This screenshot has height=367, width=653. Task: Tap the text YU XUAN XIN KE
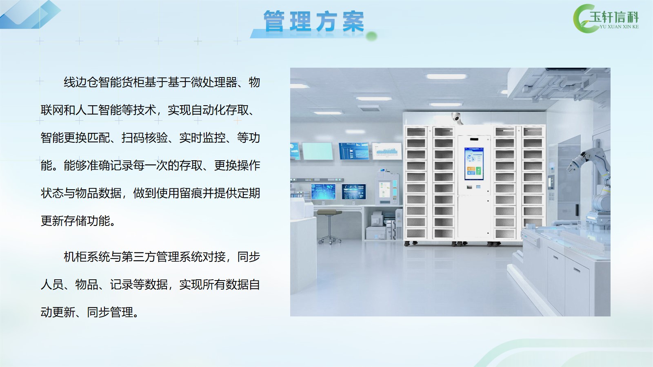[619, 27]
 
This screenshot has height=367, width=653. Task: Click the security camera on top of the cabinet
[457, 118]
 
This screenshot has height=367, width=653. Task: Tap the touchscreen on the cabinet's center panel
[474, 164]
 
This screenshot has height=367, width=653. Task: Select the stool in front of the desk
[329, 226]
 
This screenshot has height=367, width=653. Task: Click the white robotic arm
[592, 186]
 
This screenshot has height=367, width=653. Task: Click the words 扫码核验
[144, 138]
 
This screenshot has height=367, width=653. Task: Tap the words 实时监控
[202, 138]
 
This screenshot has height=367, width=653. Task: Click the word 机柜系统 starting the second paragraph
[87, 257]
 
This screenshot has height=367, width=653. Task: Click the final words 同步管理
[110, 312]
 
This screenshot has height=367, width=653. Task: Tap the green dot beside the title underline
[371, 36]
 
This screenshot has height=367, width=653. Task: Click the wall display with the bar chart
[387, 151]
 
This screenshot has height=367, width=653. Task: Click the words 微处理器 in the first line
[214, 82]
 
